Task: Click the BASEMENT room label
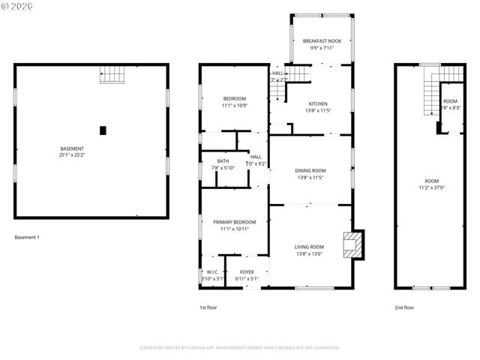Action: point(72,148)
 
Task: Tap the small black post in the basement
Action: point(103,130)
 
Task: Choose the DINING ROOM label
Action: point(310,171)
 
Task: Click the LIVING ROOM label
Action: point(309,247)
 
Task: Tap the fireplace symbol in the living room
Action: point(351,244)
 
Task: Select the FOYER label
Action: point(247,272)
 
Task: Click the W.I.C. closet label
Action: point(212,272)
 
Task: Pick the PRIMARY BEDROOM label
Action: point(235,222)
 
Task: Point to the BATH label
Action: point(223,160)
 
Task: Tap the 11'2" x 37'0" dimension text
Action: point(432,187)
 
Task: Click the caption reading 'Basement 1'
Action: point(27,238)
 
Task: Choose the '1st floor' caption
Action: point(208,307)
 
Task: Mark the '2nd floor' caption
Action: point(403,307)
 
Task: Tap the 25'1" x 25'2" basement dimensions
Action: point(72,155)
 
